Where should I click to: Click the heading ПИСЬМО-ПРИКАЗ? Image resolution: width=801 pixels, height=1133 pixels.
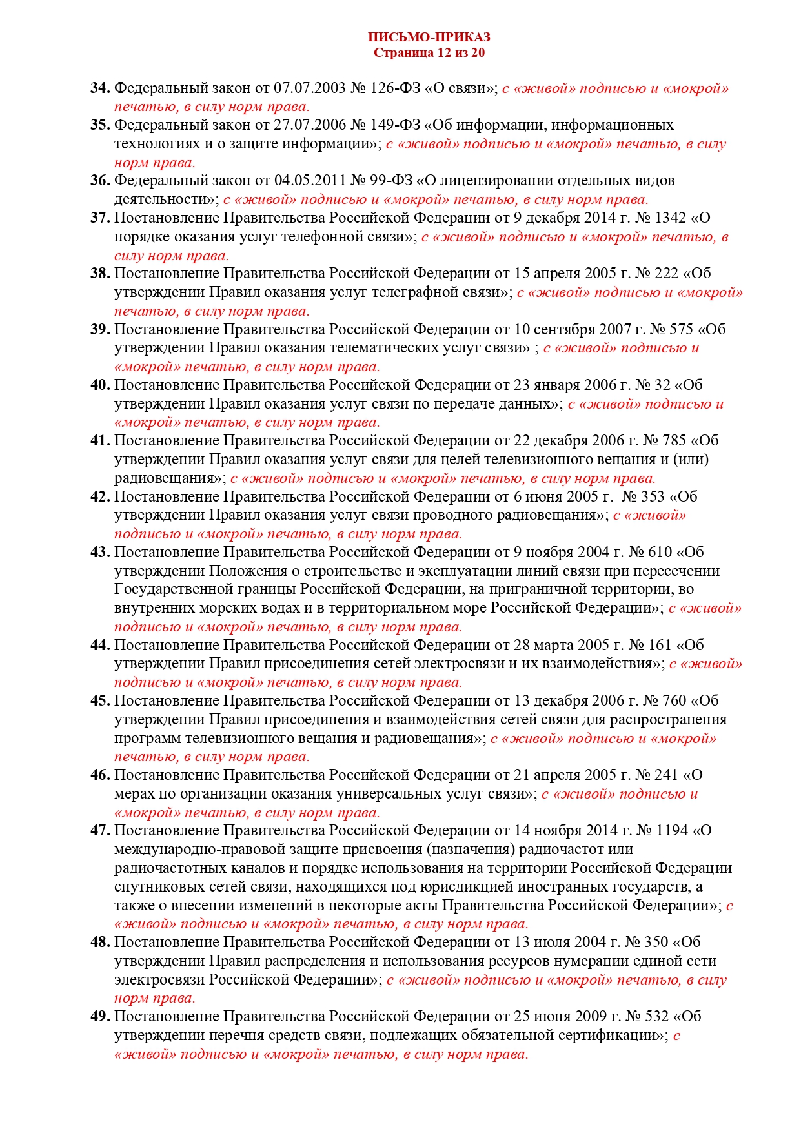click(429, 37)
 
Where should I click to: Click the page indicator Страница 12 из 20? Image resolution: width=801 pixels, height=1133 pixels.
click(429, 53)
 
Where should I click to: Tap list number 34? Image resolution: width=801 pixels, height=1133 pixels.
click(100, 88)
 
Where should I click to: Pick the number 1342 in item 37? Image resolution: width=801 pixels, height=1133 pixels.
click(671, 218)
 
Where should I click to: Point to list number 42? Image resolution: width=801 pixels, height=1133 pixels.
click(100, 497)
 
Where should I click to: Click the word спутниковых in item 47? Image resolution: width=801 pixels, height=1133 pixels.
click(157, 887)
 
